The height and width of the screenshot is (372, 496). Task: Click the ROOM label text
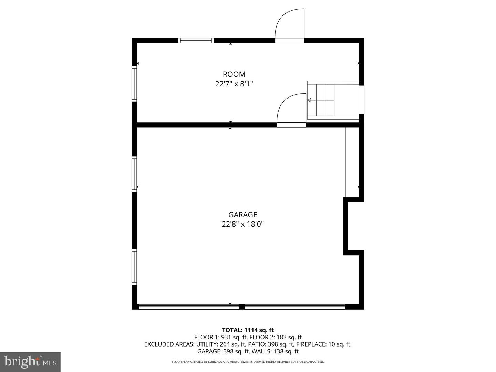(234, 74)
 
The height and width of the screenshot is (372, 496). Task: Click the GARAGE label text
(243, 214)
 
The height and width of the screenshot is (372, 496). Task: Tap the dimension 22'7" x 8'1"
(234, 84)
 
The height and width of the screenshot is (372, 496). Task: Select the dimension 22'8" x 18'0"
(243, 224)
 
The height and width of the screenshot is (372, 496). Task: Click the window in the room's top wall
(196, 40)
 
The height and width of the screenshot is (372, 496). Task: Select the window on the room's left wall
(134, 84)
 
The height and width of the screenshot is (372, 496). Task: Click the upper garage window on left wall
(134, 174)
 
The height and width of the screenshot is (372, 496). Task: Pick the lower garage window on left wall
(134, 267)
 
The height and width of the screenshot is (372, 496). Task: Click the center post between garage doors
(242, 307)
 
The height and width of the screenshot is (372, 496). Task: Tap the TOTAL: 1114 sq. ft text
(248, 330)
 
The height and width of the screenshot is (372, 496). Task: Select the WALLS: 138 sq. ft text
(275, 351)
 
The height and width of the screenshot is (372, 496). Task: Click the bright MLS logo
(30, 362)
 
